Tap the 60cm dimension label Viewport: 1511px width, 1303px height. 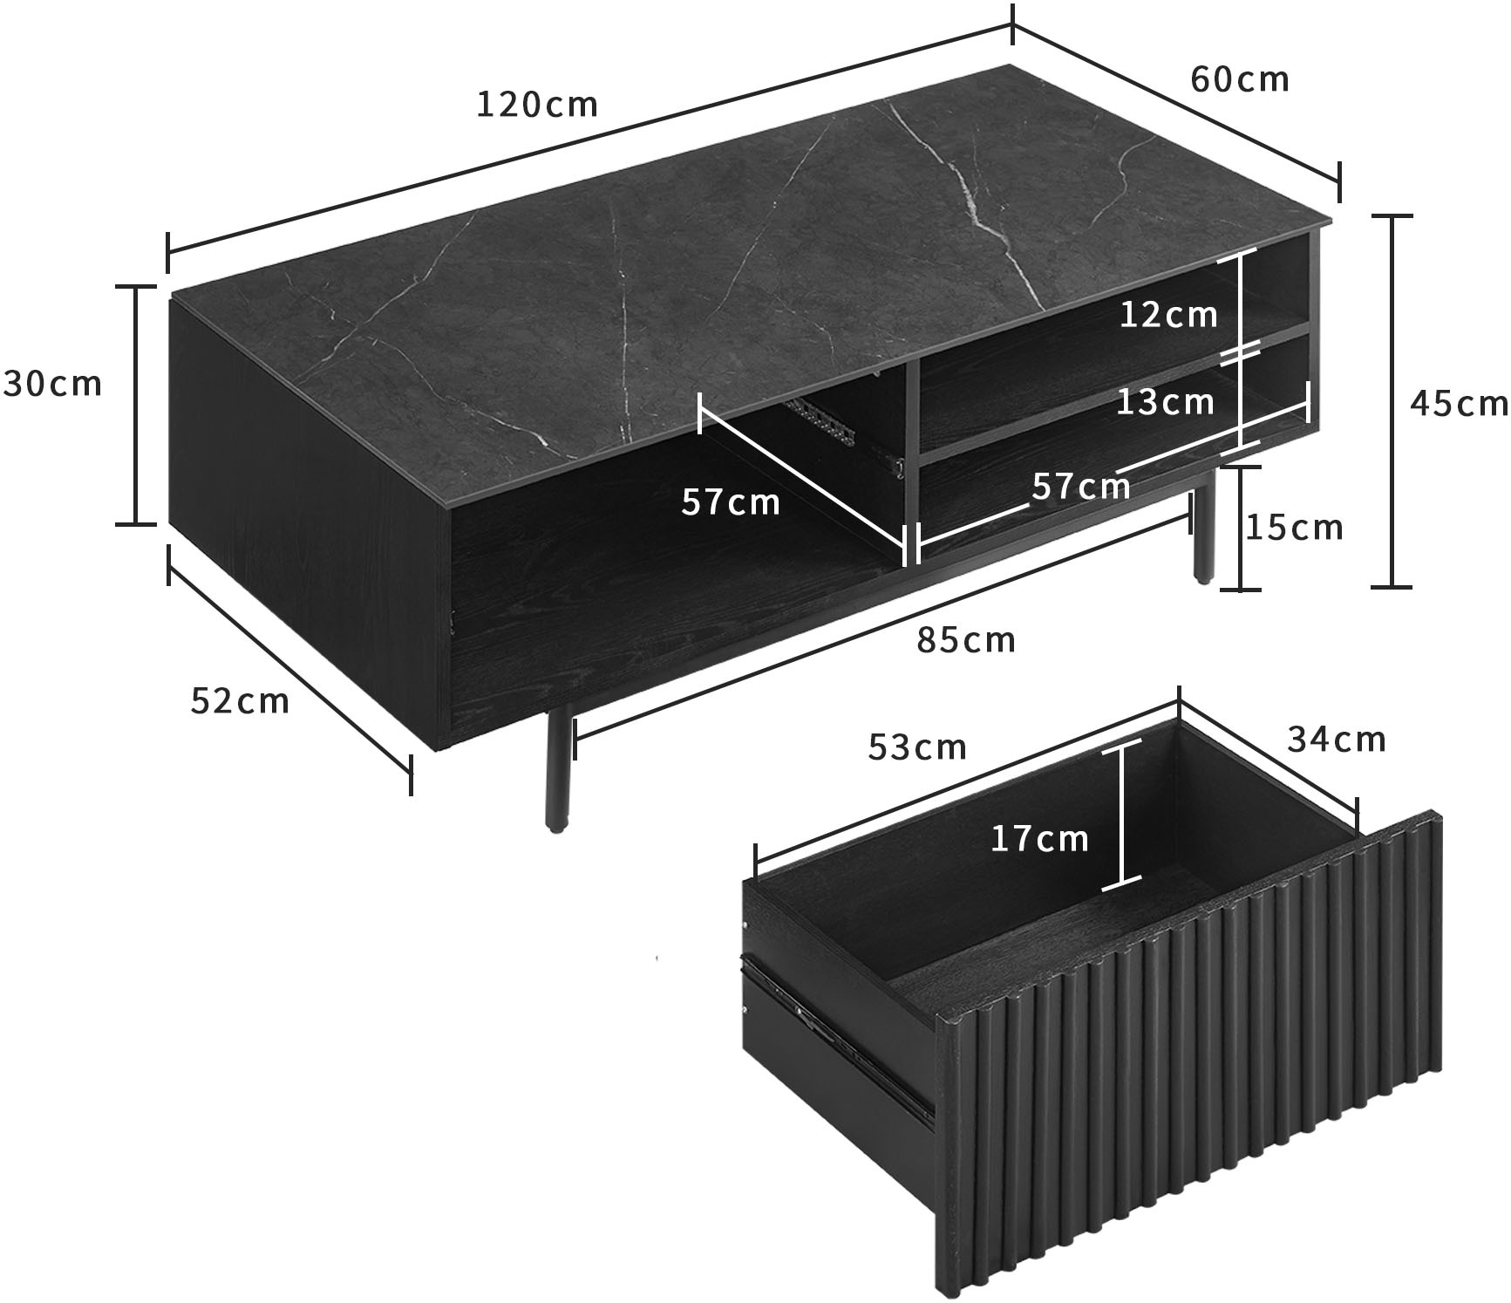pos(1239,79)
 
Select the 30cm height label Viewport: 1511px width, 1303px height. pos(53,384)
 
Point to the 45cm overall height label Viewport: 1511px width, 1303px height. pos(1458,403)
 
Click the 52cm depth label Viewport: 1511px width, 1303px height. pos(239,701)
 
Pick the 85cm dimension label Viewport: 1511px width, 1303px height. pos(966,641)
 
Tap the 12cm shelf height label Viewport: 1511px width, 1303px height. pos(1168,315)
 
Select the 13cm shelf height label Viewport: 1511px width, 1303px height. pos(1165,402)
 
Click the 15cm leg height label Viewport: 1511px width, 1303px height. pos(1294,528)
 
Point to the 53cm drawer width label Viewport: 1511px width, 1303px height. pos(917,747)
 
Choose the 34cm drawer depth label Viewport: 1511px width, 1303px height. pos(1336,740)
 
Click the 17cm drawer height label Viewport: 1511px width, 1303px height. pos(1039,839)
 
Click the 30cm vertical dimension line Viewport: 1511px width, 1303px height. pos(136,405)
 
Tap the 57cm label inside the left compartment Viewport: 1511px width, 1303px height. pos(730,502)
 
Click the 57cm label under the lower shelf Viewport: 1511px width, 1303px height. pos(1080,486)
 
